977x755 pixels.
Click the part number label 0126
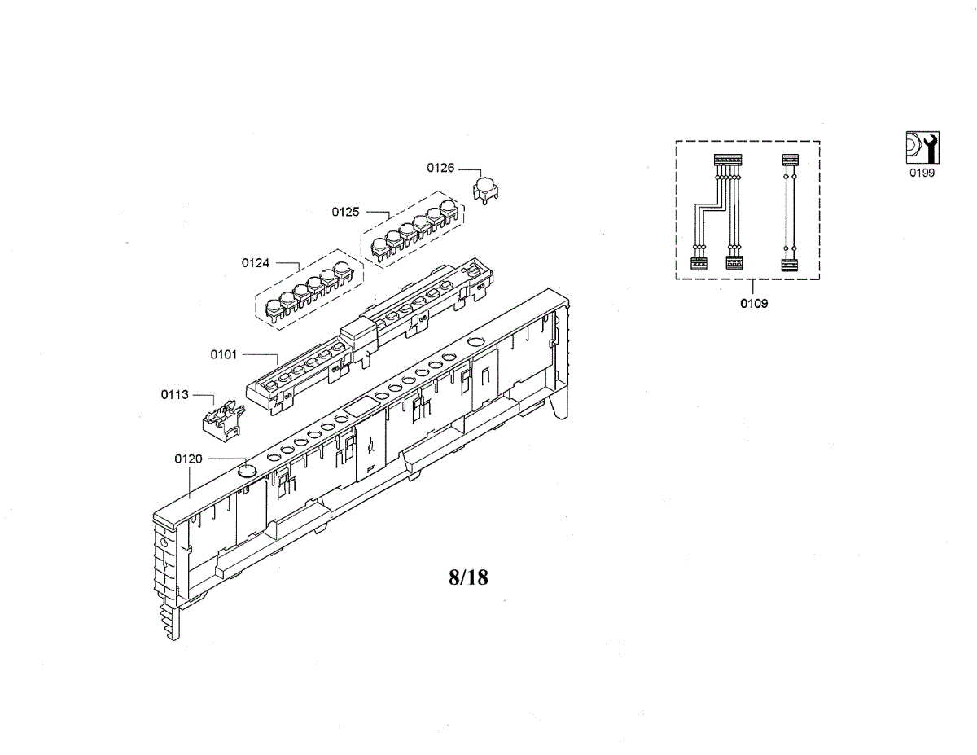[440, 168]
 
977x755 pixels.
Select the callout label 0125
[345, 212]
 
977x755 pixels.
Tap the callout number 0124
[256, 262]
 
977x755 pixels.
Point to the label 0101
[223, 354]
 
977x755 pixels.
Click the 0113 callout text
[174, 394]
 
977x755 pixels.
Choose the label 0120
[188, 459]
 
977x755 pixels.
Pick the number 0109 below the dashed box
[754, 304]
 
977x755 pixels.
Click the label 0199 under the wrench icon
[922, 173]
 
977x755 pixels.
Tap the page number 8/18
[468, 577]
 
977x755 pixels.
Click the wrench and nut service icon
[922, 147]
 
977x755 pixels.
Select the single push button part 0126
[485, 190]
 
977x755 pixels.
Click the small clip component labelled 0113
[223, 420]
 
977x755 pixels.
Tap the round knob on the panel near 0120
[248, 471]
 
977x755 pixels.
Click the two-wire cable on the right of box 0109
[790, 213]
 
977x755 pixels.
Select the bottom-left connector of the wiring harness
[699, 264]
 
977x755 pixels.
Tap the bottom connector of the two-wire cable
[790, 266]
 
